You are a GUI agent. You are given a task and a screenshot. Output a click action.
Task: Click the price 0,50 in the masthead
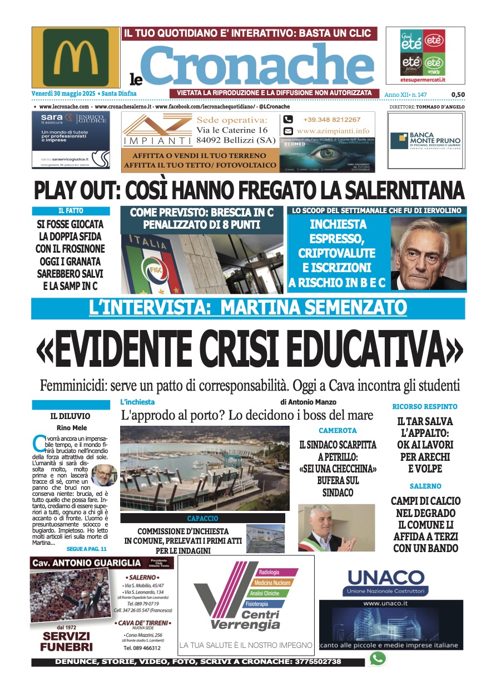pyautogui.click(x=458, y=95)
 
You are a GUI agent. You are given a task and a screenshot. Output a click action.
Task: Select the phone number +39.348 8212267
pyautogui.click(x=331, y=120)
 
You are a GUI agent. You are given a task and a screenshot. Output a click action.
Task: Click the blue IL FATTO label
pyautogui.click(x=71, y=211)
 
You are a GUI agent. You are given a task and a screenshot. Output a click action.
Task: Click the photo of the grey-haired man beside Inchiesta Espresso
pyautogui.click(x=428, y=253)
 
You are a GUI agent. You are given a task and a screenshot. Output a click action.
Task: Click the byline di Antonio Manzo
pyautogui.click(x=308, y=402)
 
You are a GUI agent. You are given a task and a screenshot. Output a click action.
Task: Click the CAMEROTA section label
pyautogui.click(x=338, y=431)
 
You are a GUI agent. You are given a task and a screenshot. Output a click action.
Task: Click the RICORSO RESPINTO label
pyautogui.click(x=425, y=407)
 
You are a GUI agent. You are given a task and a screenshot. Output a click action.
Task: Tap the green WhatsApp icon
pyautogui.click(x=378, y=659)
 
